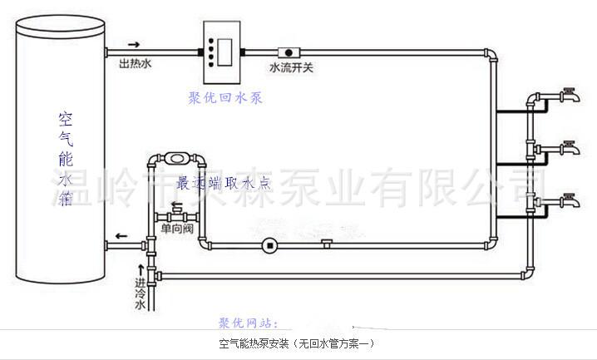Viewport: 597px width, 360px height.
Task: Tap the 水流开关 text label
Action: click(291, 67)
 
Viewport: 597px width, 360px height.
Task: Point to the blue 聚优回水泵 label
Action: click(225, 98)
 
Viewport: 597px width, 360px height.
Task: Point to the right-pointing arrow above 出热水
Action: click(134, 45)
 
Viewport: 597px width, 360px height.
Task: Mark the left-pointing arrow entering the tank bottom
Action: click(121, 236)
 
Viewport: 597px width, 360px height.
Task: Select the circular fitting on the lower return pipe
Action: click(268, 245)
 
